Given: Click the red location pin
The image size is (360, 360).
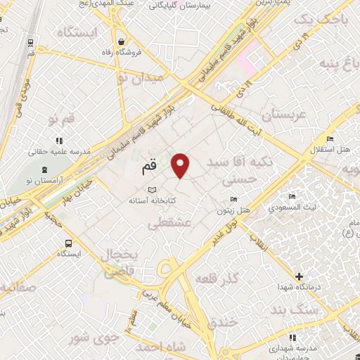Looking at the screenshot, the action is click(x=181, y=165).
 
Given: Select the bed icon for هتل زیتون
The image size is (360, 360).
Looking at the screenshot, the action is click(x=234, y=199).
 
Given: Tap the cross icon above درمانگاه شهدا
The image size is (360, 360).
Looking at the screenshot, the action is click(x=300, y=276).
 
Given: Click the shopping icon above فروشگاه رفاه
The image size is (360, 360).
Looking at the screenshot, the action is click(x=123, y=41).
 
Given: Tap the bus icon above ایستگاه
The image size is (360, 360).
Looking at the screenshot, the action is click(x=67, y=243).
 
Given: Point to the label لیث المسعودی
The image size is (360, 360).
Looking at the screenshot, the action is click(x=297, y=208).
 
